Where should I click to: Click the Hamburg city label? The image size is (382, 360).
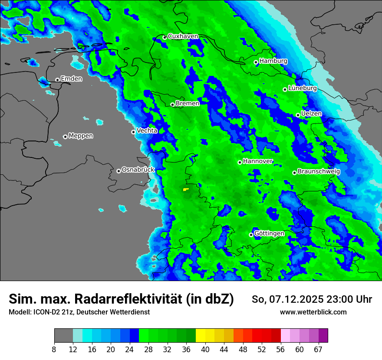click(x=273, y=61)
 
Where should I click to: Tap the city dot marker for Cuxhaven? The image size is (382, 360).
click(x=165, y=37)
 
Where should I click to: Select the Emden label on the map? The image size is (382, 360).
click(x=71, y=79)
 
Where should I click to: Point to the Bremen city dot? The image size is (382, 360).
click(x=172, y=105)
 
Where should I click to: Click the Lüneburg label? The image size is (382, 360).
click(x=302, y=88)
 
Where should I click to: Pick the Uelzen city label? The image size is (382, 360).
click(x=311, y=114)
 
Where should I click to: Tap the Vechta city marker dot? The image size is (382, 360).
click(x=133, y=132)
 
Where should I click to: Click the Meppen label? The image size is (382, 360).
click(x=80, y=136)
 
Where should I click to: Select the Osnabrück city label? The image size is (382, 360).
click(x=138, y=170)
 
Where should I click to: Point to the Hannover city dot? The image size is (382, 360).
click(x=240, y=162)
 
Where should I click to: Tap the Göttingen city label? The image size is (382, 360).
click(x=269, y=233)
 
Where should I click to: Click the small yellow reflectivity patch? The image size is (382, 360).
click(x=186, y=189)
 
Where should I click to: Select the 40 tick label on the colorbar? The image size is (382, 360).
click(x=205, y=349)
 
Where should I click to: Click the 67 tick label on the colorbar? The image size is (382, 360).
click(x=318, y=349)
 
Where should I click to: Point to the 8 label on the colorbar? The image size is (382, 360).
click(x=54, y=349)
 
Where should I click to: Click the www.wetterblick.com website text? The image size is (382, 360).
click(x=313, y=312)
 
